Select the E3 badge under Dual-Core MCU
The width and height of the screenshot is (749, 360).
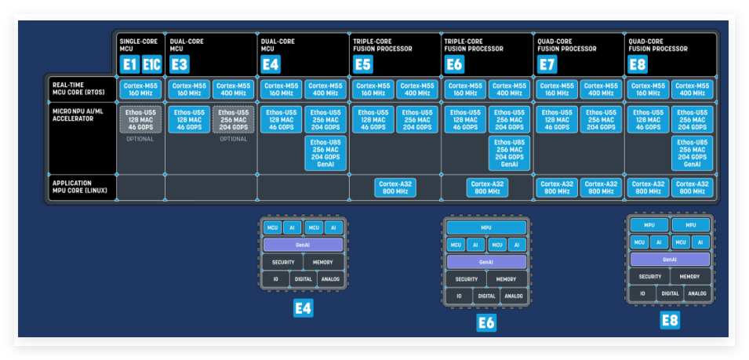point(179,64)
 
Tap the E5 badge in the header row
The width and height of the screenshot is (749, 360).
point(363,64)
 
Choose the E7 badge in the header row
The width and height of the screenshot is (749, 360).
point(547,64)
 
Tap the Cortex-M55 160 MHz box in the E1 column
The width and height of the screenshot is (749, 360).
point(140,89)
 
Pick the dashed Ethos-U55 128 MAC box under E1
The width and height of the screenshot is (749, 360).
point(140,120)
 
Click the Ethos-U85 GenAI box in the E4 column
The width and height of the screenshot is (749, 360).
point(325,153)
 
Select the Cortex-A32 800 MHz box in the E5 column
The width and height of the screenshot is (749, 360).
point(394,187)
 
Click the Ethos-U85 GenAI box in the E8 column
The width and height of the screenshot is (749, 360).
point(693,153)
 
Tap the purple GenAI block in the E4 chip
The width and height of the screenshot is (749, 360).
point(304,245)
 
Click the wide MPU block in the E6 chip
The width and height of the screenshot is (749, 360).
point(486,227)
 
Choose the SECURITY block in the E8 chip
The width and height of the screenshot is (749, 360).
point(649,276)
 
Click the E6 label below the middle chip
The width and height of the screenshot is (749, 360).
point(486,322)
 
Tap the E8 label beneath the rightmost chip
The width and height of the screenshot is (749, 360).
point(669,319)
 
